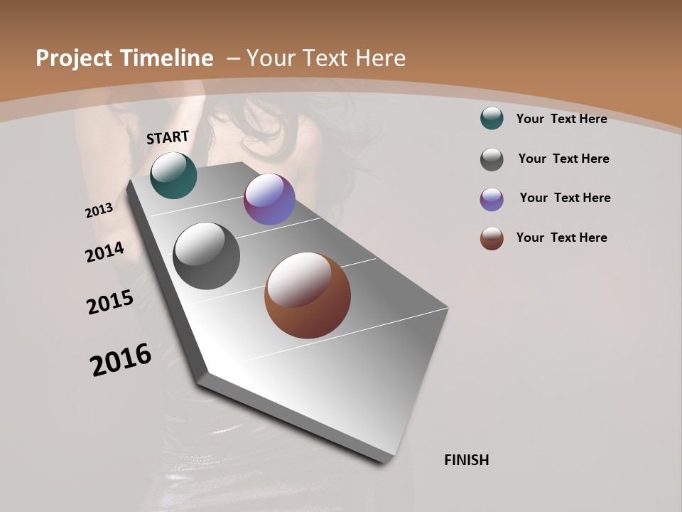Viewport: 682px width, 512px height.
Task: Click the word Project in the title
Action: tap(71, 58)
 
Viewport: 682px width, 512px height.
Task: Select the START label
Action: tap(168, 137)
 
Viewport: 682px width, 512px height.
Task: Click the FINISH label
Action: tap(467, 460)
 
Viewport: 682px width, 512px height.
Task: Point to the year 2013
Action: tap(99, 210)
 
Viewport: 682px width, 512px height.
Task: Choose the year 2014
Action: tap(105, 252)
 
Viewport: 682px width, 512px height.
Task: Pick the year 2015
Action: tap(110, 302)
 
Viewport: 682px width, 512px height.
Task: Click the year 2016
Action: tap(121, 360)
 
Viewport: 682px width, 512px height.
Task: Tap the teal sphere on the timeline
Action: tap(173, 175)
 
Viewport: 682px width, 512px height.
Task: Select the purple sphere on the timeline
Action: tap(269, 200)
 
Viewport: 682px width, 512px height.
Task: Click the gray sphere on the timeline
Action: tap(207, 256)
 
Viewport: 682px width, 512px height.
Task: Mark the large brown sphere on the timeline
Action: tap(308, 295)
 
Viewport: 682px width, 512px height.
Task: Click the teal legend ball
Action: tap(492, 118)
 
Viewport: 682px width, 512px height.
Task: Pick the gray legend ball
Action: tap(492, 159)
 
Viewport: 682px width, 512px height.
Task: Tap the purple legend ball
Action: tap(492, 199)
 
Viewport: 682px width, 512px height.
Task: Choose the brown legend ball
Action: tap(492, 238)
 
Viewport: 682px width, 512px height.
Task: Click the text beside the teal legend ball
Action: tap(561, 119)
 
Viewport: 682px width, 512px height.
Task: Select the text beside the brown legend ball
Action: tap(561, 238)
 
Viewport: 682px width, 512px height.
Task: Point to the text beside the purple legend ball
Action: tap(565, 198)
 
